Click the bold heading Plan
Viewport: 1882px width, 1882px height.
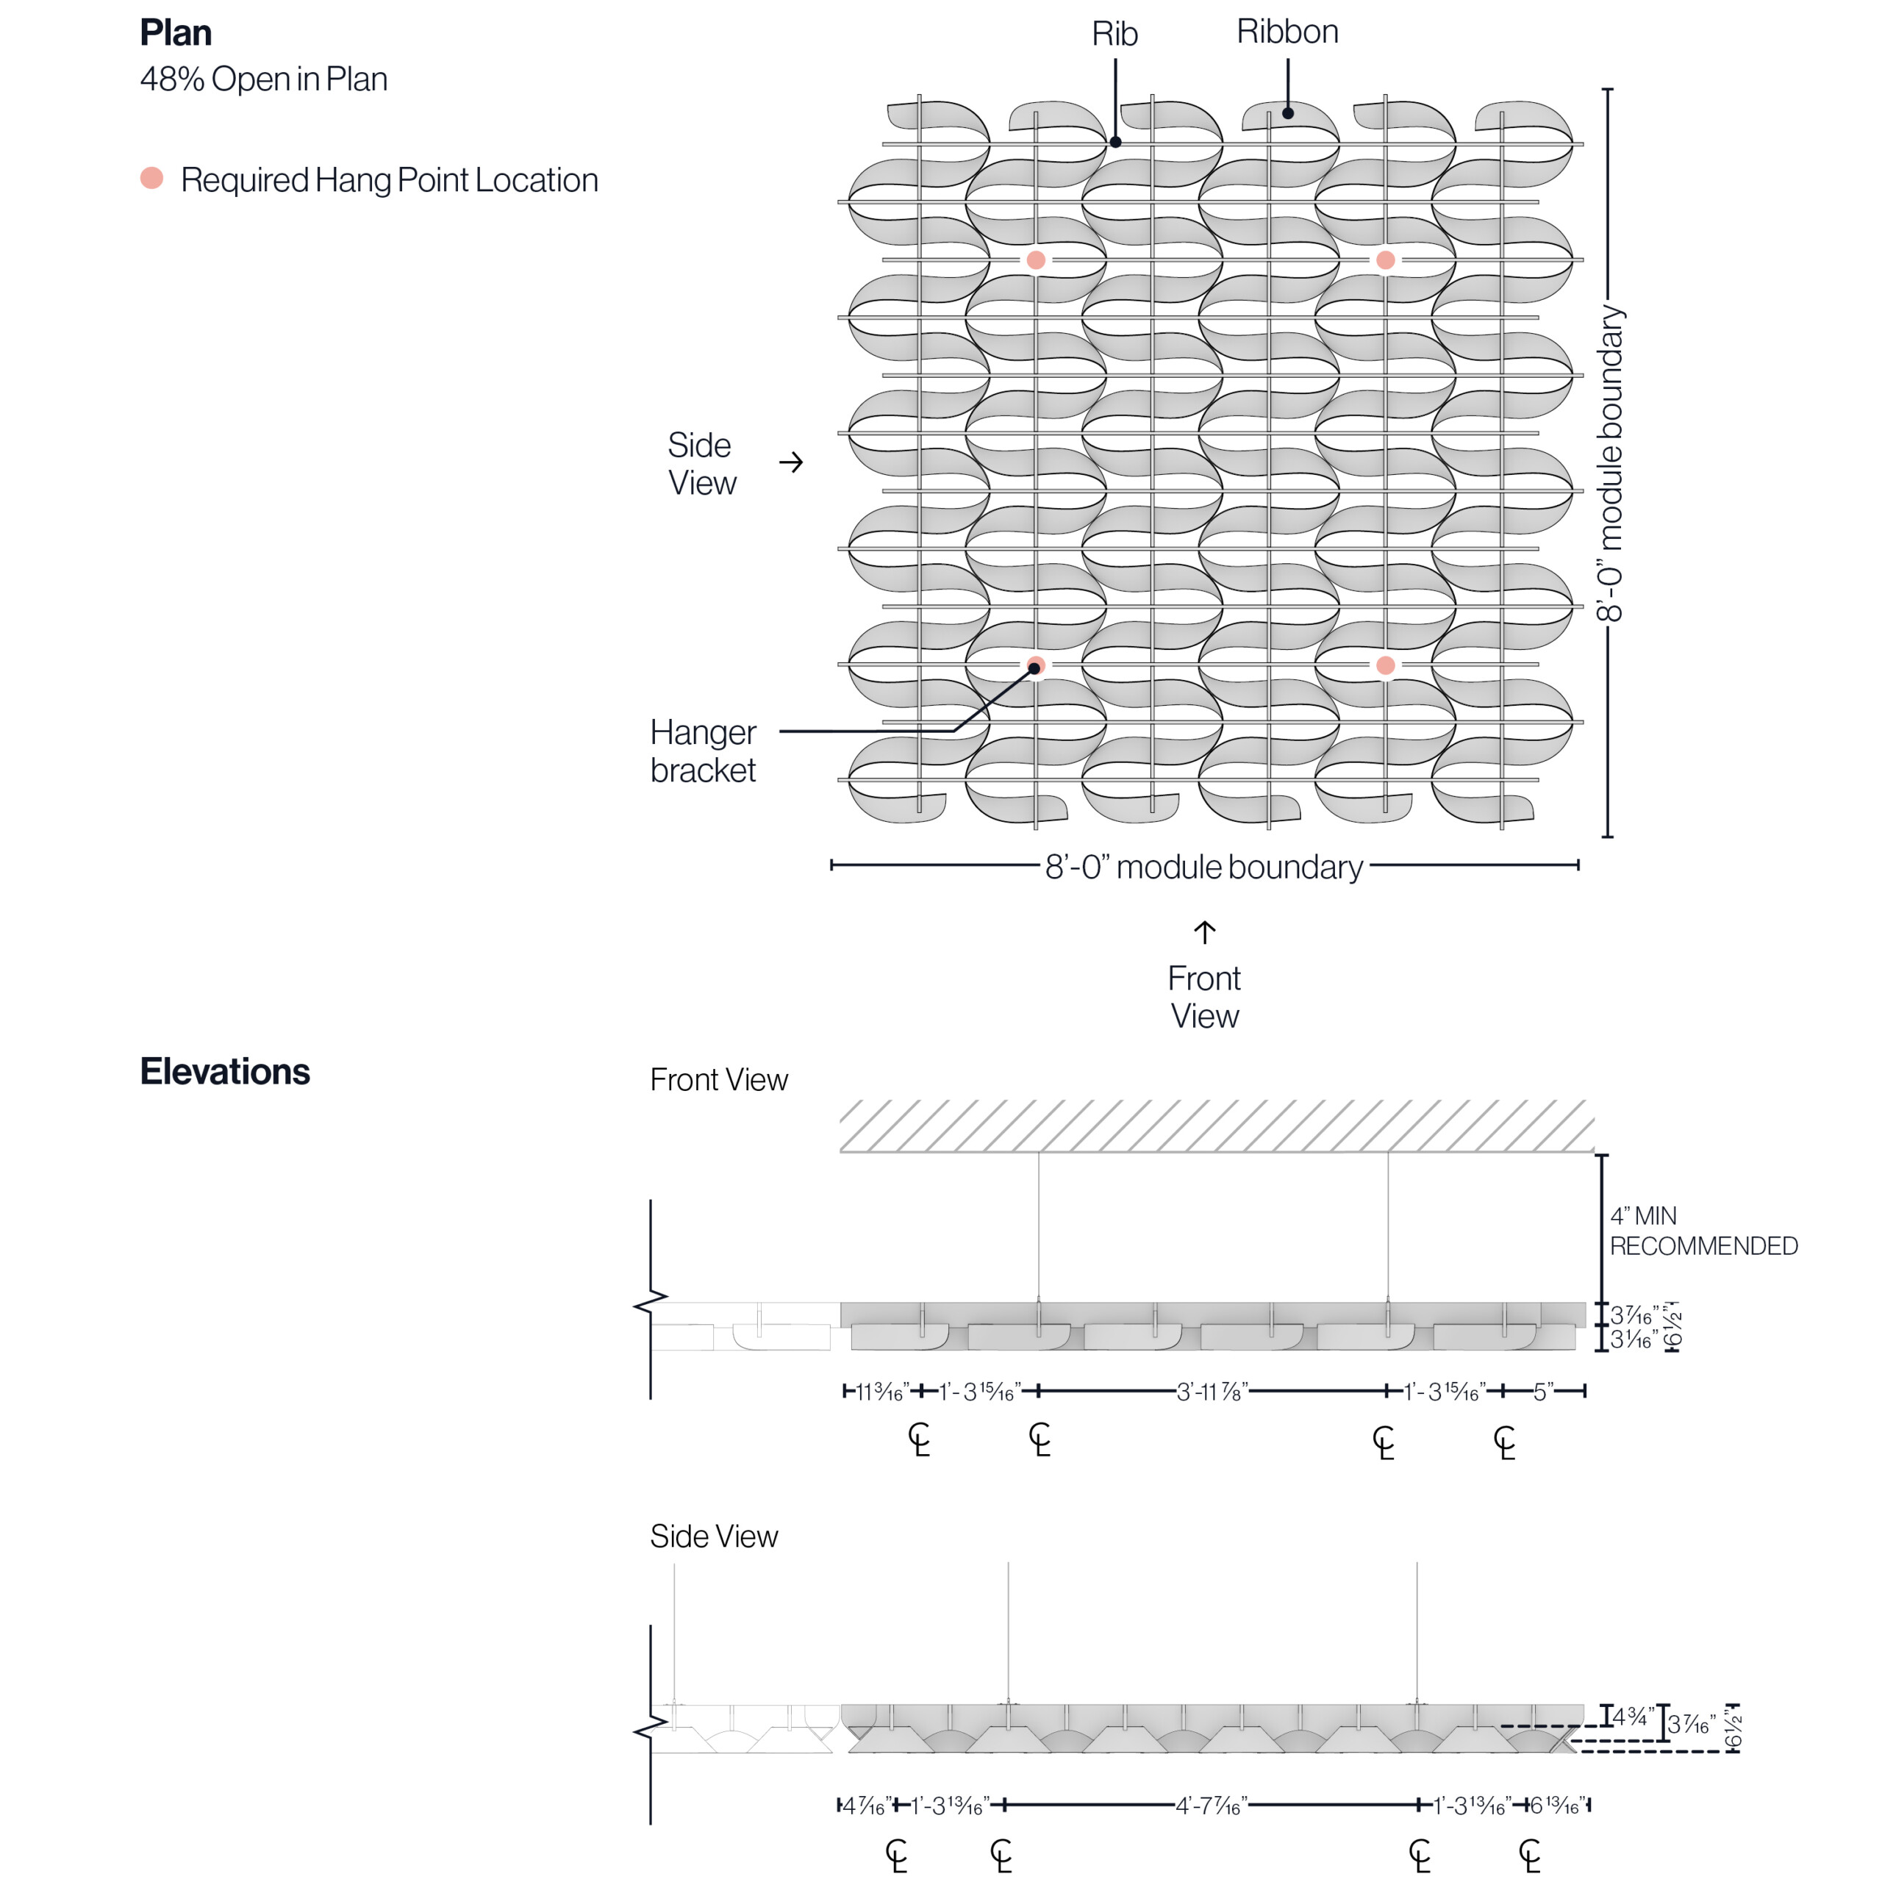coord(176,33)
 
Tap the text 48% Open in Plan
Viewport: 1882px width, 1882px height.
coord(263,79)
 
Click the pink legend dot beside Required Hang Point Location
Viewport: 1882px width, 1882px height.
coord(151,177)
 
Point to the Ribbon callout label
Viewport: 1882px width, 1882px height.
coord(1287,32)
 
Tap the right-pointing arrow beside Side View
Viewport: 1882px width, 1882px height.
coord(791,462)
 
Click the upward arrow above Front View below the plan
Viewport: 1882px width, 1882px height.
coord(1205,932)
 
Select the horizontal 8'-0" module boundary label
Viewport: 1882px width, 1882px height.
coord(1204,867)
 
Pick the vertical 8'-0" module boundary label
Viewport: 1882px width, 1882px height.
coord(1609,464)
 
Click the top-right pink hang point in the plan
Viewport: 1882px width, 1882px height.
coord(1385,260)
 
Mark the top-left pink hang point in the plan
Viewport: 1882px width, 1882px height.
coord(1036,260)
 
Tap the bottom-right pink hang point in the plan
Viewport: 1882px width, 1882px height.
coord(1385,665)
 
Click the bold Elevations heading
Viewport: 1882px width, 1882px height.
coord(225,1072)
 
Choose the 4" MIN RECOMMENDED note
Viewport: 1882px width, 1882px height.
coord(1703,1231)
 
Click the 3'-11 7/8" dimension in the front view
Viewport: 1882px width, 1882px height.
coord(1212,1392)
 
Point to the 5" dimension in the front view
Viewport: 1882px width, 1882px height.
coord(1543,1392)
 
